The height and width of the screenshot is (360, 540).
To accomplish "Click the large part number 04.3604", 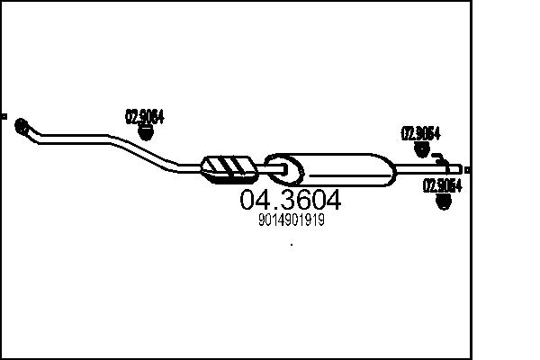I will click(290, 200).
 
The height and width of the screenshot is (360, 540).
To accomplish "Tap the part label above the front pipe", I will click(144, 115).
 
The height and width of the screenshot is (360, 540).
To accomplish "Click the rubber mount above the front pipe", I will click(146, 132).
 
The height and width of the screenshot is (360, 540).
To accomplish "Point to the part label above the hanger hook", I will click(419, 132).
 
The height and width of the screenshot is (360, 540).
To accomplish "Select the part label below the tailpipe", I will click(442, 186).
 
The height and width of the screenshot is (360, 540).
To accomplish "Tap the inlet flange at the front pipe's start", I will click(22, 126).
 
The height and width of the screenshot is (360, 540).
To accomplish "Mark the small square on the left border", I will click(4, 116).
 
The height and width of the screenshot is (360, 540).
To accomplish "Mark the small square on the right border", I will click(467, 169).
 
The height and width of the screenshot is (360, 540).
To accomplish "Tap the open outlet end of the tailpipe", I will click(460, 168).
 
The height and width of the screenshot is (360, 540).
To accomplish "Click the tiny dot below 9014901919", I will click(291, 244).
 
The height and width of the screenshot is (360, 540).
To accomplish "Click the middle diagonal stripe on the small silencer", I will click(231, 166).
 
